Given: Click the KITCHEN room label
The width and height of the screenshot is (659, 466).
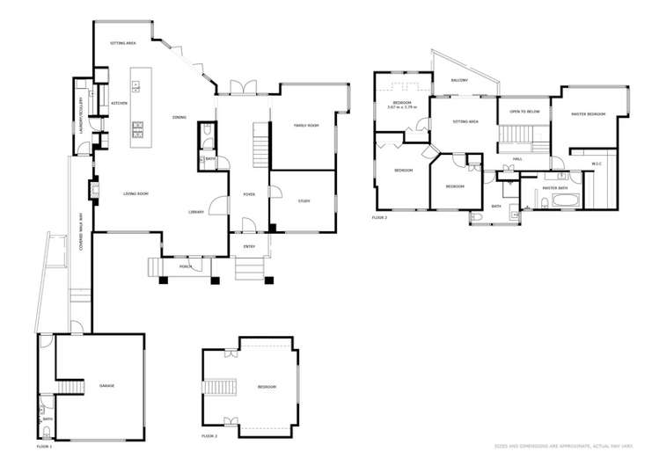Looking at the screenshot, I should pyautogui.click(x=120, y=103).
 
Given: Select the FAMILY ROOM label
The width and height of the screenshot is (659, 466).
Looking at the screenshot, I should pyautogui.click(x=305, y=127).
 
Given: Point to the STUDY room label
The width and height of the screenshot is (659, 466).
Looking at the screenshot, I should pyautogui.click(x=304, y=201).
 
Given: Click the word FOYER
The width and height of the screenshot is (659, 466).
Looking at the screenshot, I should pyautogui.click(x=249, y=195).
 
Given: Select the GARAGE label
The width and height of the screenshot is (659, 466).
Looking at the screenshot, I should pyautogui.click(x=106, y=386).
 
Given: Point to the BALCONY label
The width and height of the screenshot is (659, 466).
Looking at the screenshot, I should pyautogui.click(x=459, y=80).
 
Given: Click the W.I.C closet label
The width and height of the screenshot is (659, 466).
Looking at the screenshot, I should pyautogui.click(x=596, y=164).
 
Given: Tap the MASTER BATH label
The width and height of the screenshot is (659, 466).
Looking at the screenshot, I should pyautogui.click(x=553, y=187).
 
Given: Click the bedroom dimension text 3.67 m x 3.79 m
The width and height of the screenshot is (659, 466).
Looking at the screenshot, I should pyautogui.click(x=403, y=109).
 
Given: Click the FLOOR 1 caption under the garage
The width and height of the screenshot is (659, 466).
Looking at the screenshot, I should pyautogui.click(x=44, y=448).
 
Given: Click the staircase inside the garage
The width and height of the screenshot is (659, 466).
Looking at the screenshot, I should pyautogui.click(x=66, y=388).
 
